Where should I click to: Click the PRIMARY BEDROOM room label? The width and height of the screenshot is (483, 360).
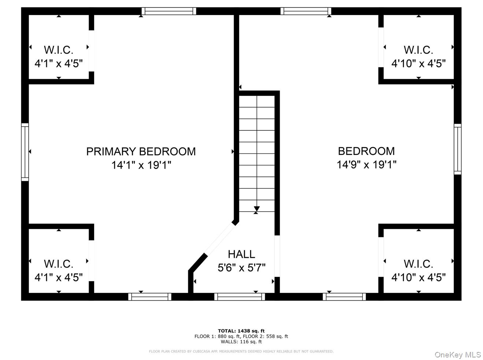coord(141,151)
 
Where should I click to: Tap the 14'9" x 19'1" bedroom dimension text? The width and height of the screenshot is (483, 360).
coord(367,164)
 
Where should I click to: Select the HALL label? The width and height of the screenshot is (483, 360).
coord(241,255)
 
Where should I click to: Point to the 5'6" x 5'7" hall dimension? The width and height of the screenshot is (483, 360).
coord(241,268)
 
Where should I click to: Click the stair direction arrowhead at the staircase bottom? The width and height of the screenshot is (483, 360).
coord(257,209)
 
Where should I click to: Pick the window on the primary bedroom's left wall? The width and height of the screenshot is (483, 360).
coord(25,152)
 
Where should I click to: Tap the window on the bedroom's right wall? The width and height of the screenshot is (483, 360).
coord(458,149)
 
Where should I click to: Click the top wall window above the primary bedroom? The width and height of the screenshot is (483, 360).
coord(169,11)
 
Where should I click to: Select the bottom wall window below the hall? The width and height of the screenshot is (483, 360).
coord(239,297)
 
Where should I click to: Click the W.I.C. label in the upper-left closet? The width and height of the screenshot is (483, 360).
coord(59,50)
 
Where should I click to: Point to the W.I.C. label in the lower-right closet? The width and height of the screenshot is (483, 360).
coord(418,264)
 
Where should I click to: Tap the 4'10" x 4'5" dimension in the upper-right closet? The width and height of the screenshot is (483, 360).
coord(418,64)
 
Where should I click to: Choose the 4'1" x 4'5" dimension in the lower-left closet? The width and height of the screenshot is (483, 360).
coord(59,278)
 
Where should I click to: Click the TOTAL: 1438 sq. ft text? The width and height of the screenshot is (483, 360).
coord(241,331)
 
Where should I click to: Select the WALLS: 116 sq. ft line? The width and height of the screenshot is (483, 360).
coord(241,342)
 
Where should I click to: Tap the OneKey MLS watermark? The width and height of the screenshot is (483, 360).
coord(458,355)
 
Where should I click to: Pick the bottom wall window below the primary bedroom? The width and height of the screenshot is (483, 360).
coord(150,297)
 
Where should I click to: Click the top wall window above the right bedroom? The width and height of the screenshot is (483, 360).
coord(306,11)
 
